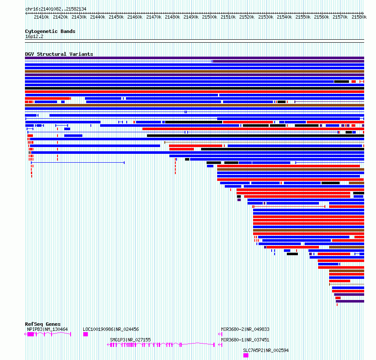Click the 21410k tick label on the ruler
coord(41,17)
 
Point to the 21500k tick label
coord(210,17)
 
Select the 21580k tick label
coord(359,17)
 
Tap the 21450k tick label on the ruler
coord(116,17)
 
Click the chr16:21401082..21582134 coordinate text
coord(56,9)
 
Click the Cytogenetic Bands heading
coord(50,31)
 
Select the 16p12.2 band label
coord(34,36)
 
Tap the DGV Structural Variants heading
coord(59,54)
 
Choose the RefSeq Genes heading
coord(43,324)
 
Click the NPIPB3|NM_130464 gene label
coord(47,329)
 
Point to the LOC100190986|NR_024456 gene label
coord(111,329)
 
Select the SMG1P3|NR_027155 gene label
coord(130,340)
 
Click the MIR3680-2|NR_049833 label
coord(245,329)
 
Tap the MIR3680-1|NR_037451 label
coord(245,340)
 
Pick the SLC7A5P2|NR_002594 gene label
coord(266,350)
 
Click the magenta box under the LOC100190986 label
coord(86,334)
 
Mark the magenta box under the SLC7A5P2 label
coord(246,355)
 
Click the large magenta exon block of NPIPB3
coord(31,334)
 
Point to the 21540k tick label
coord(284,17)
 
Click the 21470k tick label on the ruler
coord(154,17)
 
